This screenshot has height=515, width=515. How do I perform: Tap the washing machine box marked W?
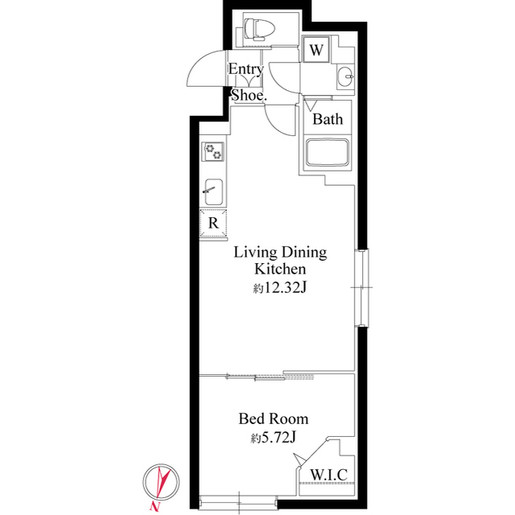(x=317, y=50)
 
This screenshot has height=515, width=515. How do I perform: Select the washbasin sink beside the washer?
(x=346, y=76)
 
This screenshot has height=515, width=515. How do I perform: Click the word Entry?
(x=245, y=69)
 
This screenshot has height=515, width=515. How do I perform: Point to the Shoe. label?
(x=248, y=94)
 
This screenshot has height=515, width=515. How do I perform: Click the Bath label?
(x=328, y=119)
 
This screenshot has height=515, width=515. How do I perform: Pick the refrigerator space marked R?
(x=214, y=223)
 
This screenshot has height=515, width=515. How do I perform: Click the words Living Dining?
(x=280, y=252)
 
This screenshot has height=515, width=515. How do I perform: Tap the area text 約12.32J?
(x=280, y=289)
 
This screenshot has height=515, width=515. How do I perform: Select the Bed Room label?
(x=273, y=418)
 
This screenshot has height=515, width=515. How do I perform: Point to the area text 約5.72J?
(x=273, y=438)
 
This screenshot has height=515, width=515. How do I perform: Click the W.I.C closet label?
(x=328, y=475)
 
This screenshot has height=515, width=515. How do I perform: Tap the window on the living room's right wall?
(x=363, y=287)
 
